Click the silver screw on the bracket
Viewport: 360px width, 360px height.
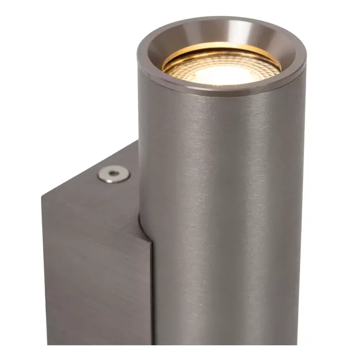click(x=114, y=174)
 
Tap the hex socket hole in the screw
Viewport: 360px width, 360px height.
click(x=114, y=174)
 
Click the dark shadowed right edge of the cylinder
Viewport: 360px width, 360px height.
click(x=299, y=222)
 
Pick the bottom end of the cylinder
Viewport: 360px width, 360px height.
click(x=222, y=341)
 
